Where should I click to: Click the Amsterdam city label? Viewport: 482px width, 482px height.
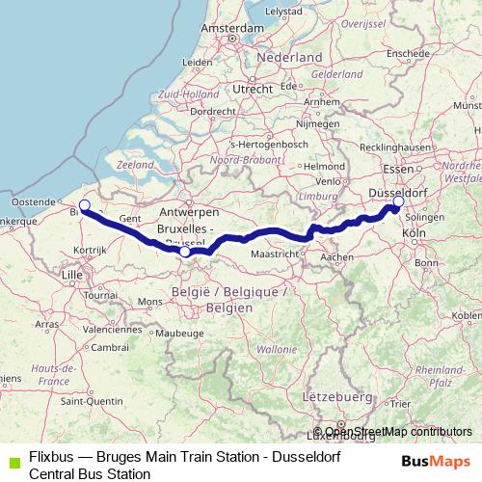(x=232, y=29)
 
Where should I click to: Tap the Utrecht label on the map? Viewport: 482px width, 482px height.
(x=253, y=89)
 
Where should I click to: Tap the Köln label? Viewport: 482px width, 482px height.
(x=414, y=234)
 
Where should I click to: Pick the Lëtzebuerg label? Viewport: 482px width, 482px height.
(x=337, y=396)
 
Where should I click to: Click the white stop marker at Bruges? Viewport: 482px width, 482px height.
(x=84, y=204)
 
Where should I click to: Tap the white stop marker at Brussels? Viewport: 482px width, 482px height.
(x=184, y=252)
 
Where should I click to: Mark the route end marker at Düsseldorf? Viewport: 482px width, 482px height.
(x=395, y=203)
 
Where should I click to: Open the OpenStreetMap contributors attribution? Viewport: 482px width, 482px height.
(x=397, y=432)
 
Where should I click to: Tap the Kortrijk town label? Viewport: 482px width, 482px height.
(x=89, y=250)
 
